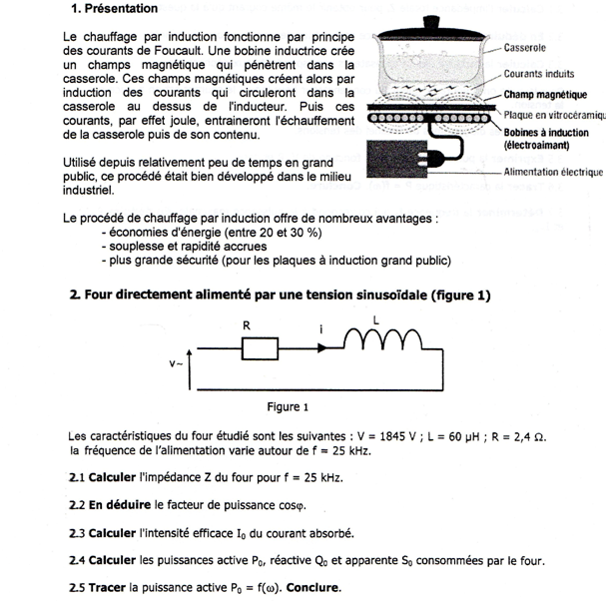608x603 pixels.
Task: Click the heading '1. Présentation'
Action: (x=114, y=9)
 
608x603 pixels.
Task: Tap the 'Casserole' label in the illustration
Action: (x=526, y=47)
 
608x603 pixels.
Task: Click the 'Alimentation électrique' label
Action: (x=554, y=172)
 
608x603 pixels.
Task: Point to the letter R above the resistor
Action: (x=246, y=324)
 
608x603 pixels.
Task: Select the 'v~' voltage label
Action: (x=175, y=365)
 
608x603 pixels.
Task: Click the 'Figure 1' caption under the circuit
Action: (x=288, y=406)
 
